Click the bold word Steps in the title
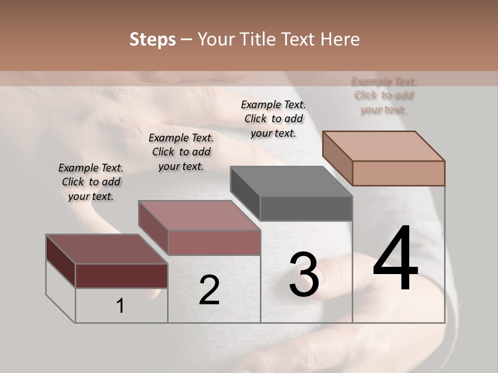tap(153, 39)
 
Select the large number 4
tap(395, 259)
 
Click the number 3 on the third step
tap(304, 275)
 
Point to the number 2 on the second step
tap(209, 290)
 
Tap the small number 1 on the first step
tap(120, 306)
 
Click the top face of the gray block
tap(290, 182)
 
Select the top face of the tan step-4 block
tap(383, 146)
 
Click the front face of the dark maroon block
tap(121, 276)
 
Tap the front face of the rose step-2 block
tap(214, 242)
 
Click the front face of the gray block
tap(306, 209)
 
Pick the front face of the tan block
tap(398, 173)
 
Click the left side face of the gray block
tap(245, 193)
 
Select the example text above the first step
tap(91, 182)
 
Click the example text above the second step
tap(181, 152)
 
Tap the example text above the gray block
tap(273, 119)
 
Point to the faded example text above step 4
tap(384, 95)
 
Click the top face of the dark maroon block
tap(106, 249)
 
